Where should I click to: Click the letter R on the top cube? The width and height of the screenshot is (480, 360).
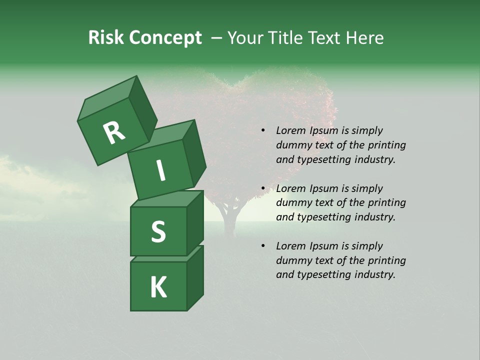(x=114, y=133)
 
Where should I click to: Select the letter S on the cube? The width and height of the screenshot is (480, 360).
(x=158, y=232)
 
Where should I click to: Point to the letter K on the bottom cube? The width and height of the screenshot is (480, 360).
(x=158, y=287)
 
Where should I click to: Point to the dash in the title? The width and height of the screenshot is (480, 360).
(x=216, y=38)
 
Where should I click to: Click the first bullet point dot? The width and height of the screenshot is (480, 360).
(x=263, y=131)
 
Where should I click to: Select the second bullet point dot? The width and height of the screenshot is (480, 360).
(x=263, y=189)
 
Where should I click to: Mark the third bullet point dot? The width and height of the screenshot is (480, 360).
(x=263, y=246)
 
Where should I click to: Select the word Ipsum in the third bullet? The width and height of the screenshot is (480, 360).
(x=324, y=246)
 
